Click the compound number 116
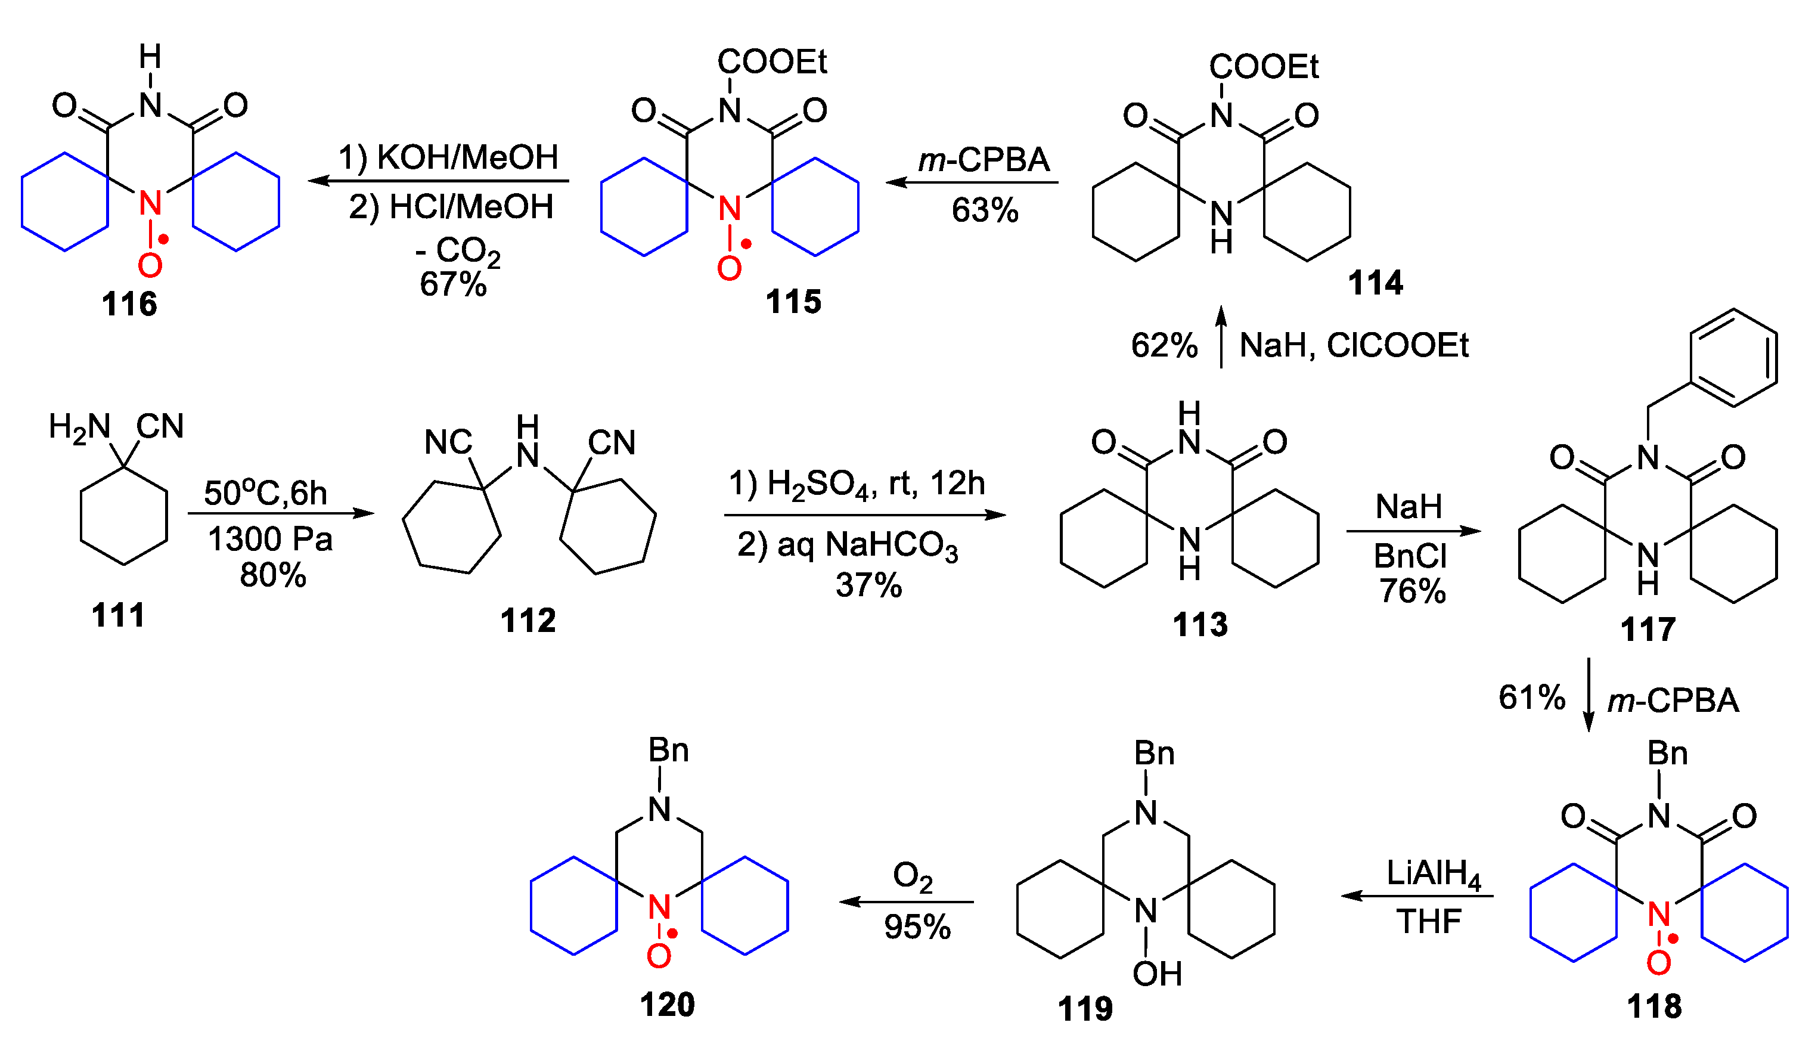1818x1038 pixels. tap(129, 305)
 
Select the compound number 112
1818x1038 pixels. tap(528, 620)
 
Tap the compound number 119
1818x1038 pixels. tap(1085, 1009)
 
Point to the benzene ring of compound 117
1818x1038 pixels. tap(1733, 358)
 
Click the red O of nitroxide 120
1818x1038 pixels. tap(659, 956)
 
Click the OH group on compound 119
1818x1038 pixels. tap(1156, 974)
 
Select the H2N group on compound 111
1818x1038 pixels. tap(79, 427)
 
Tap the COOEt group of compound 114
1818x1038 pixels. tap(1263, 67)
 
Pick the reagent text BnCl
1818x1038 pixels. tap(1410, 556)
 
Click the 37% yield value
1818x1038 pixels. tap(868, 585)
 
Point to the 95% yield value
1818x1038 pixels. tap(917, 927)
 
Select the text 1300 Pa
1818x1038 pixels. tap(270, 539)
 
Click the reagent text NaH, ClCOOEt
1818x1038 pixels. tap(1353, 346)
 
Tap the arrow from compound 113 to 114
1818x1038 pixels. tap(1221, 336)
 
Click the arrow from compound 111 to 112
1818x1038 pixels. tap(280, 513)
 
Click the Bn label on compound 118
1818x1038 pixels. tap(1667, 753)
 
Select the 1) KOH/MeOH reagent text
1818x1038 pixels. tap(448, 157)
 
